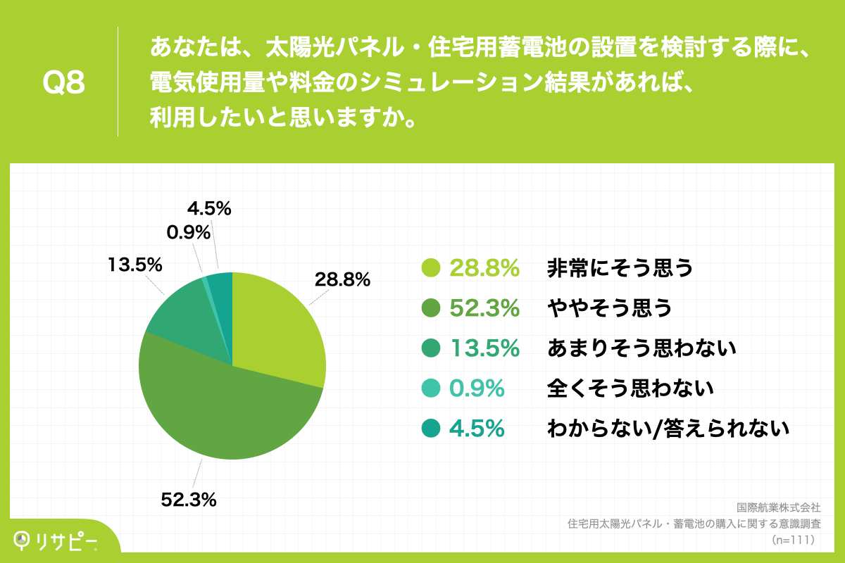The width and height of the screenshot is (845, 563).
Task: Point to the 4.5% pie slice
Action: pyautogui.click(x=221, y=296)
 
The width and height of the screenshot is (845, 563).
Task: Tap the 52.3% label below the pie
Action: pyautogui.click(x=188, y=500)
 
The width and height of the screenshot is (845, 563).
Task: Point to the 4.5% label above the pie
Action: pyautogui.click(x=209, y=208)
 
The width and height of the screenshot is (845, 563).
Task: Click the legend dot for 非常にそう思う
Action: pyautogui.click(x=430, y=267)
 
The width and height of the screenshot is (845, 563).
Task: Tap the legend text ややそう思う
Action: pyautogui.click(x=609, y=308)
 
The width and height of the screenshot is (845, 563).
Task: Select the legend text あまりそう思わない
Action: pyautogui.click(x=641, y=348)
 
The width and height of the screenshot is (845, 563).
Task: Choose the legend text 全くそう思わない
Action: pyautogui.click(x=630, y=388)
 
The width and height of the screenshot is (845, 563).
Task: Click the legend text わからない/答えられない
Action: pyautogui.click(x=668, y=428)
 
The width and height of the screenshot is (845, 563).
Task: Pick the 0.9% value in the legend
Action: pyautogui.click(x=477, y=388)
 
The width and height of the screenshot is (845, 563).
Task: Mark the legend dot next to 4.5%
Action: pyautogui.click(x=430, y=428)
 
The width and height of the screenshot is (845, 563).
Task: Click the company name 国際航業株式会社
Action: pyautogui.click(x=777, y=507)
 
